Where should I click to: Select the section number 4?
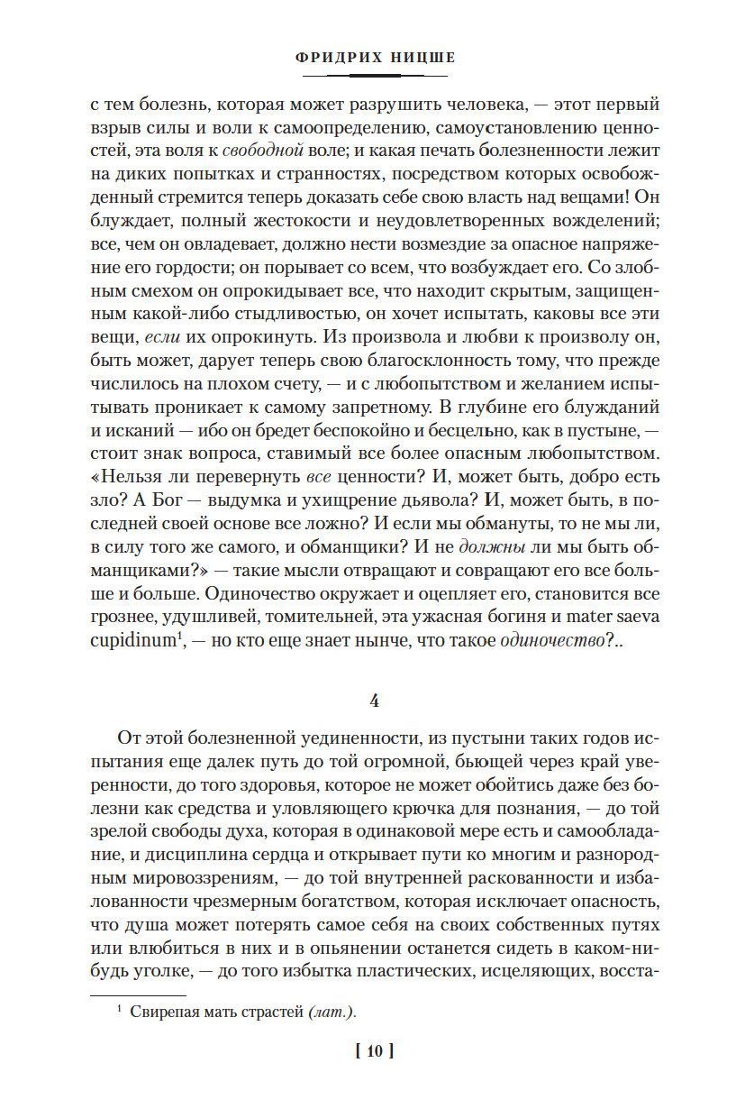coord(373,699)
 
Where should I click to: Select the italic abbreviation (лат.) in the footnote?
coord(332,1012)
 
